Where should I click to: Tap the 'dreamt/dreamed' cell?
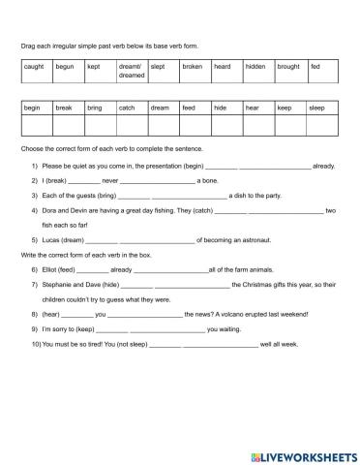click(x=132, y=71)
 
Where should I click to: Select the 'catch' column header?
click(x=132, y=109)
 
